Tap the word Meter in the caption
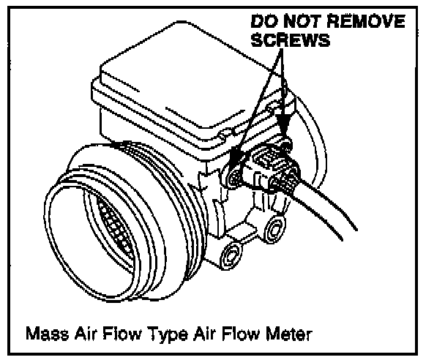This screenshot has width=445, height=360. tap(288, 334)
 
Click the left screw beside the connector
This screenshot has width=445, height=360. tap(233, 176)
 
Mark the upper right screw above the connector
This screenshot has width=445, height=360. tap(288, 138)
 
